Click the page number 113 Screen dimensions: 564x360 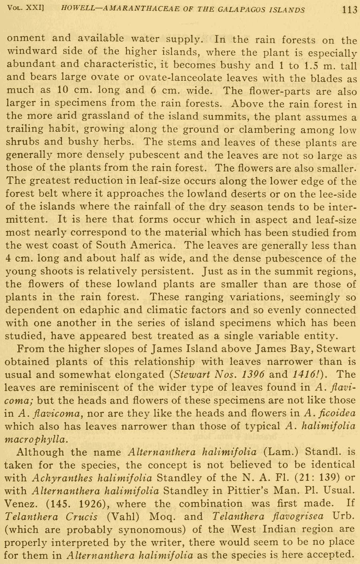tap(349, 10)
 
